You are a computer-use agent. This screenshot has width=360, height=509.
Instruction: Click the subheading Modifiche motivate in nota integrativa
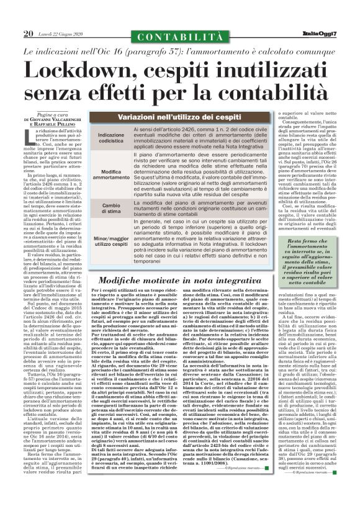pos(181,280)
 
